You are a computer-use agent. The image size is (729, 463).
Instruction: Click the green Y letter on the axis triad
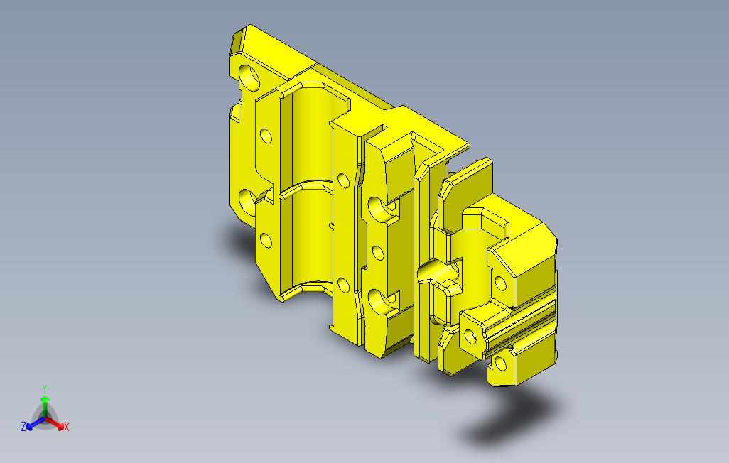click(45, 388)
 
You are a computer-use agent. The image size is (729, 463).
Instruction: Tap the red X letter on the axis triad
click(67, 427)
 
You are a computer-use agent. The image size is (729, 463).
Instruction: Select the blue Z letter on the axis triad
click(23, 426)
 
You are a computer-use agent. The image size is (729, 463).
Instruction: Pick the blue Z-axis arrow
click(36, 423)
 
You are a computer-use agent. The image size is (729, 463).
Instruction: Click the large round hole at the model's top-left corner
click(249, 76)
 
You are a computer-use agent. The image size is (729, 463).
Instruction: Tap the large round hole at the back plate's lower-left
click(248, 202)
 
